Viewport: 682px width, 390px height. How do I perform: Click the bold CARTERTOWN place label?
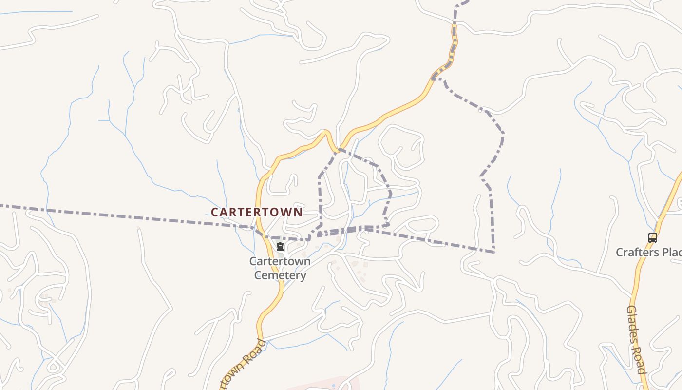click(x=257, y=212)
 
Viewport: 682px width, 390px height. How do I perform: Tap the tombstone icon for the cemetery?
click(x=280, y=247)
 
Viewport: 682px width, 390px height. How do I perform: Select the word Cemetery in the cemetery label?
click(x=280, y=275)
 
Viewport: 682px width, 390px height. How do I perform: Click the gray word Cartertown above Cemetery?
click(x=280, y=261)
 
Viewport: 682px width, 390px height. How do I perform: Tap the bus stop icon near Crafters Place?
click(x=653, y=238)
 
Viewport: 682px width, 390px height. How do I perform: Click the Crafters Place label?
click(x=648, y=253)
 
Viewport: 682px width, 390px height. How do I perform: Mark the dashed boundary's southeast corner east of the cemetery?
click(x=493, y=252)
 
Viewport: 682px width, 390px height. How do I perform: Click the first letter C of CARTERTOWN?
click(x=215, y=213)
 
